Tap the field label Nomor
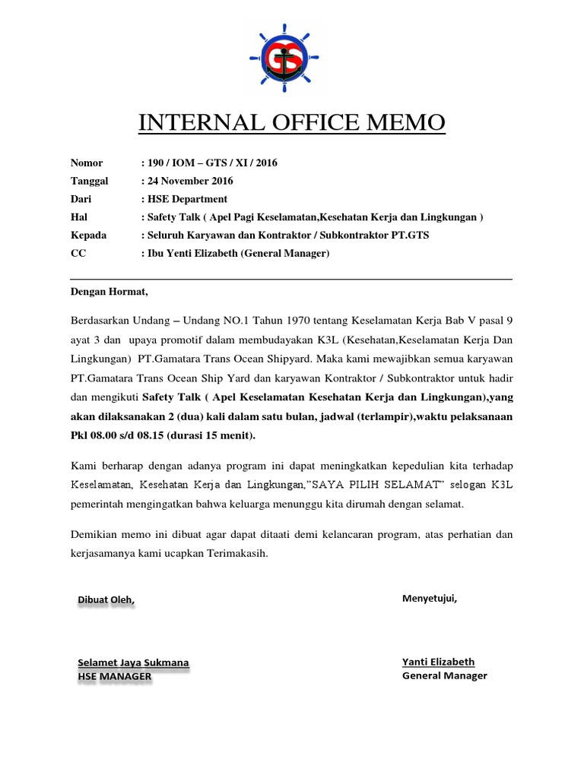[x=86, y=163]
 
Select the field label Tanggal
[x=89, y=181]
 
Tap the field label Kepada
[x=88, y=236]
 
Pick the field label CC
[x=78, y=254]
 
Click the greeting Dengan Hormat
[x=109, y=291]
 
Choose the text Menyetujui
[x=430, y=598]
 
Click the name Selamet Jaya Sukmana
[x=133, y=663]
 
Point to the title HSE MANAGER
[x=114, y=676]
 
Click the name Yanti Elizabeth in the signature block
[x=438, y=662]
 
